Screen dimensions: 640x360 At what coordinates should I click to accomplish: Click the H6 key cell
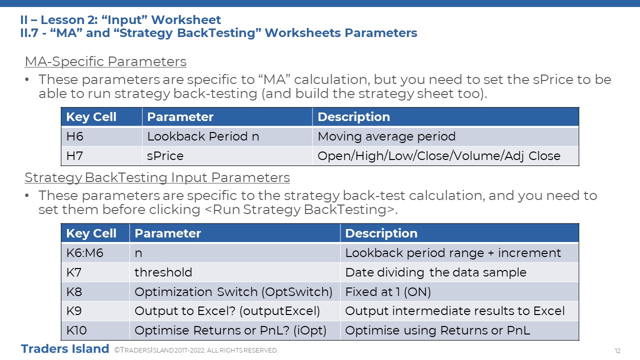pos(101,136)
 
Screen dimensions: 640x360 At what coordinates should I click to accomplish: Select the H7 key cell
pos(101,155)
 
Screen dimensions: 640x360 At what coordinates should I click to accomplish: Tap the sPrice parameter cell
pos(227,155)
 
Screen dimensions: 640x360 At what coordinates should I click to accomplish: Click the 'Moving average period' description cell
pos(445,136)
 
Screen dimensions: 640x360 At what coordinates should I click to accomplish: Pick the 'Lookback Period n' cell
pos(227,136)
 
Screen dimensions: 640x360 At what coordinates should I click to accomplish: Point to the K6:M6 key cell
pos(95,253)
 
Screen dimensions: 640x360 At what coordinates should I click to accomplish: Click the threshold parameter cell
pos(235,272)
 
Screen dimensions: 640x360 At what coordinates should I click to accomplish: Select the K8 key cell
pos(95,291)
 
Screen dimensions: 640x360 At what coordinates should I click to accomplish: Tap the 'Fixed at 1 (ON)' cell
pos(459,291)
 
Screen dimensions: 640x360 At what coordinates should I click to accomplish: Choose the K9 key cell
pos(95,311)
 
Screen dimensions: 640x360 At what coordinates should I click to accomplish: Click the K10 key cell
pos(95,330)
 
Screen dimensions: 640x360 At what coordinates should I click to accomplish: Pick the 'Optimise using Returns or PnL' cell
pos(459,330)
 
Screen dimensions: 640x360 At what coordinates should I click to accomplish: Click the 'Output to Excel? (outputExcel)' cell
pos(235,311)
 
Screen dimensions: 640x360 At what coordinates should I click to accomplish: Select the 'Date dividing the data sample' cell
pos(459,272)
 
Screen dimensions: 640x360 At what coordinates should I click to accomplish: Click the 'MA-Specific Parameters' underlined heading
pos(105,61)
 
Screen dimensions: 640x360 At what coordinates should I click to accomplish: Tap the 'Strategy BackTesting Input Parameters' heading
pos(157,177)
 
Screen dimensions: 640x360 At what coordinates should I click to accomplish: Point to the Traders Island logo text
pos(65,349)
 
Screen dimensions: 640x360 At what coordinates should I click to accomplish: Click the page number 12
pos(617,350)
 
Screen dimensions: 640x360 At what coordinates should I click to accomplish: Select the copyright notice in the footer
pos(196,350)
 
